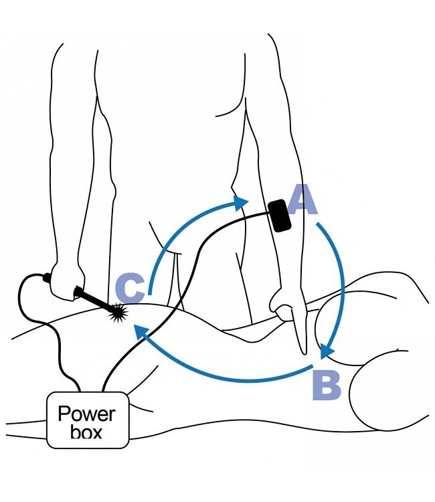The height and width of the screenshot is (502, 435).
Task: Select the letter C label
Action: pos(129,289)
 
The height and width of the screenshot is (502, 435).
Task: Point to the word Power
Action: pos(86,412)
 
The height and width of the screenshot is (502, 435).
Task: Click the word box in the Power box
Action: pos(88,432)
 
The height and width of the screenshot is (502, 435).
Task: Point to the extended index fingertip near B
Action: pos(302,351)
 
